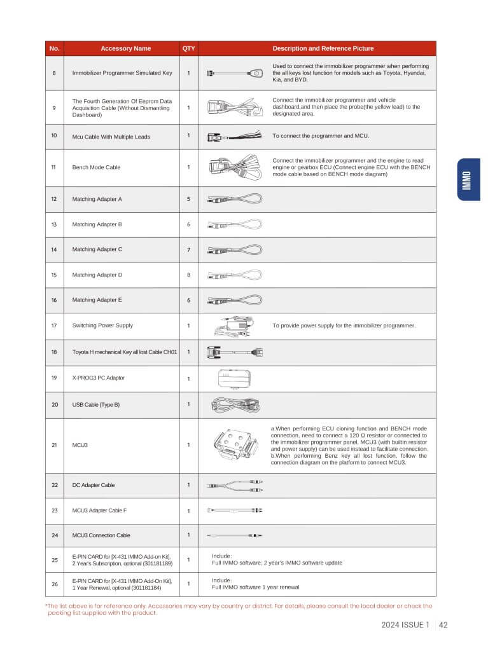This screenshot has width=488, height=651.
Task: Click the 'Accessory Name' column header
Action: (125, 48)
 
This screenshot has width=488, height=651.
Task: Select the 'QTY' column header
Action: (188, 48)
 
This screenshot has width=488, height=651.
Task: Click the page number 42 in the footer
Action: (443, 625)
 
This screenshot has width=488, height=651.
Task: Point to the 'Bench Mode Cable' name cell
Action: (96, 167)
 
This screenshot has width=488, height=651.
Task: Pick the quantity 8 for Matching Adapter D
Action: (188, 275)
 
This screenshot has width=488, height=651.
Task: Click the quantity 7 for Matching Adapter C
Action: (188, 250)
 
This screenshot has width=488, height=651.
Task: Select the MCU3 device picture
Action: (235, 444)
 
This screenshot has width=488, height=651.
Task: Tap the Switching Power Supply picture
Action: (235, 325)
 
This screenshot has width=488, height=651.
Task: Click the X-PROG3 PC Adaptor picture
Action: (233, 378)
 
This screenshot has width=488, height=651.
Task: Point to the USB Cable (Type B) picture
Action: (235, 404)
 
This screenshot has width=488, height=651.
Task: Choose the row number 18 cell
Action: (54, 352)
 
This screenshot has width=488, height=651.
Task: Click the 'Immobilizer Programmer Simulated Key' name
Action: (122, 73)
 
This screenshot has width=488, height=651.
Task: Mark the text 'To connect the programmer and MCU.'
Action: (321, 136)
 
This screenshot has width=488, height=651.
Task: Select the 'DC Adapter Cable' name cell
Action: (94, 485)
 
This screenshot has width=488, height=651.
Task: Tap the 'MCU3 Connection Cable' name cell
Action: (101, 535)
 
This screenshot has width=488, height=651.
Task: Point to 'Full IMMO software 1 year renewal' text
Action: (255, 587)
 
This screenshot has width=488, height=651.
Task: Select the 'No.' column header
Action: (54, 48)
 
